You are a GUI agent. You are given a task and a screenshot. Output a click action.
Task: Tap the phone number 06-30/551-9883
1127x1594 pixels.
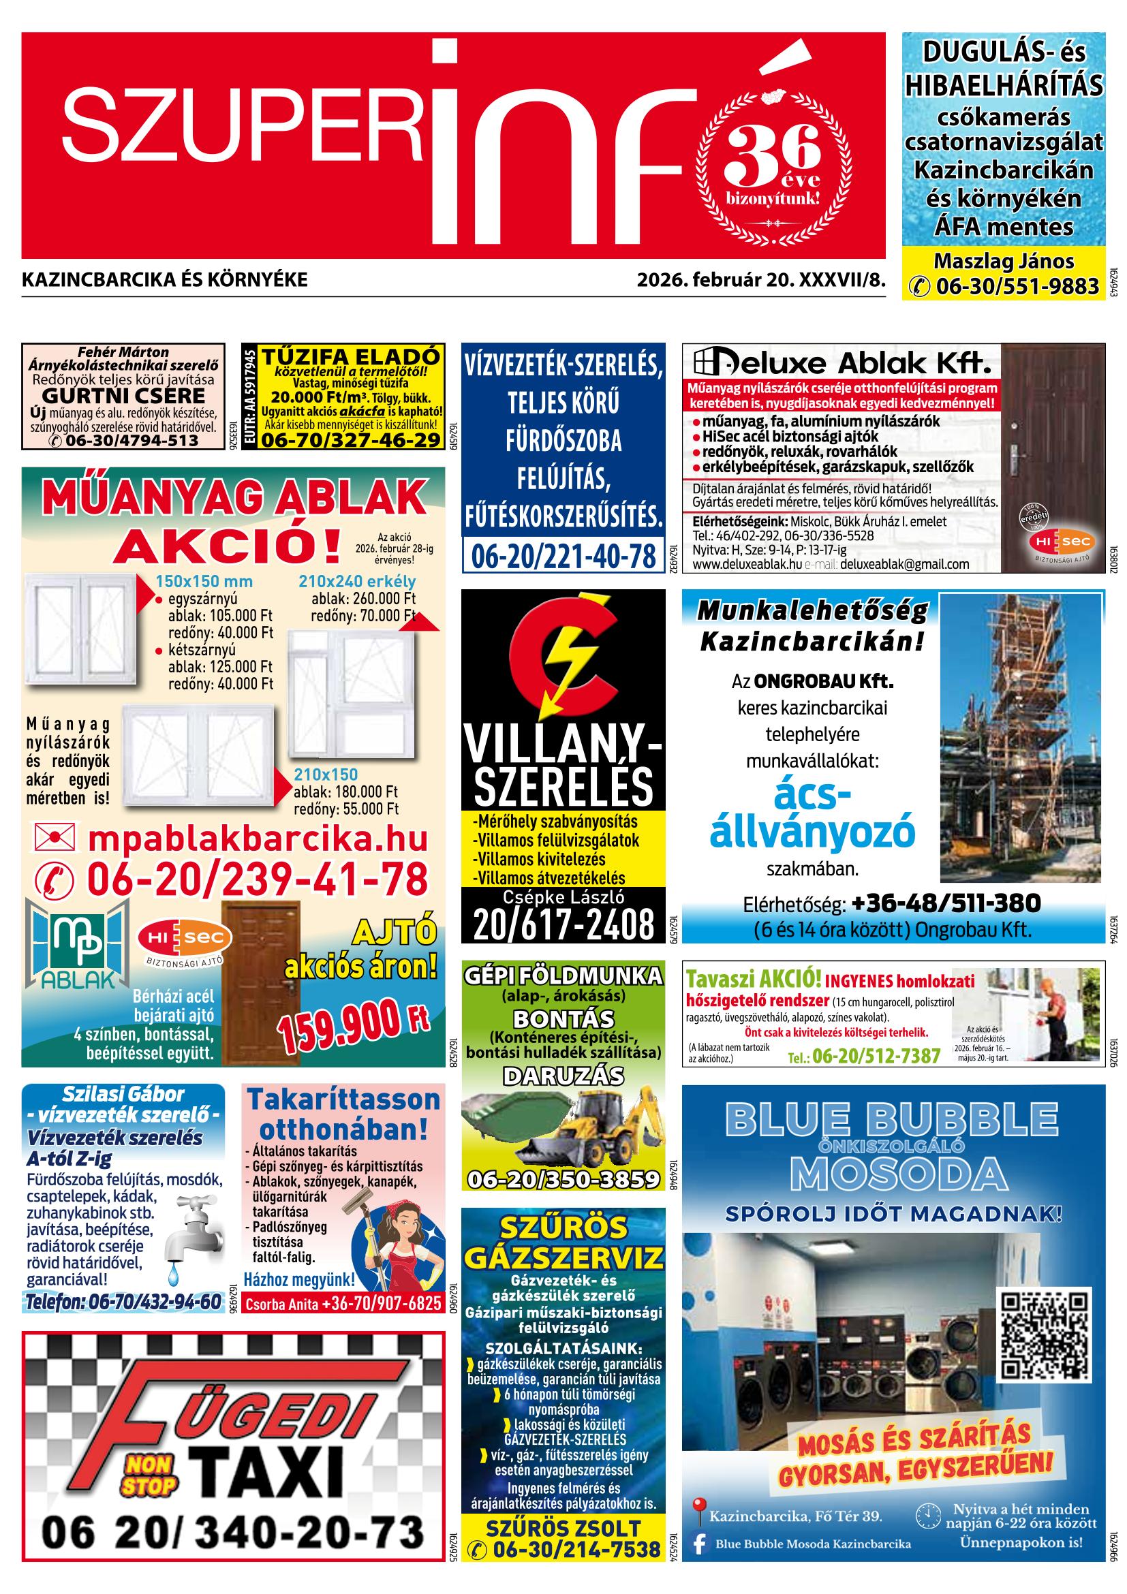[x=1018, y=286]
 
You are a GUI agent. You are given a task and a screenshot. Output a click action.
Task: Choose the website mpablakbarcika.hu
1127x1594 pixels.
[x=258, y=839]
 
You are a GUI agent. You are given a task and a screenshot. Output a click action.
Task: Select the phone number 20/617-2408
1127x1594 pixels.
[x=563, y=924]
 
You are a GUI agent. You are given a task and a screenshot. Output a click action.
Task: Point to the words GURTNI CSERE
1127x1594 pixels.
[x=123, y=396]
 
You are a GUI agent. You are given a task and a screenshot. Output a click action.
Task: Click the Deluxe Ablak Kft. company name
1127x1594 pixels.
[x=842, y=363]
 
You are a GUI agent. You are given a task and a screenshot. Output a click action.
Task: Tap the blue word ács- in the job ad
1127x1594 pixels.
[x=812, y=796]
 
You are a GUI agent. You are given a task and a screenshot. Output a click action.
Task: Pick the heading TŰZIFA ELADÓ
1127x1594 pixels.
[x=351, y=356]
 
